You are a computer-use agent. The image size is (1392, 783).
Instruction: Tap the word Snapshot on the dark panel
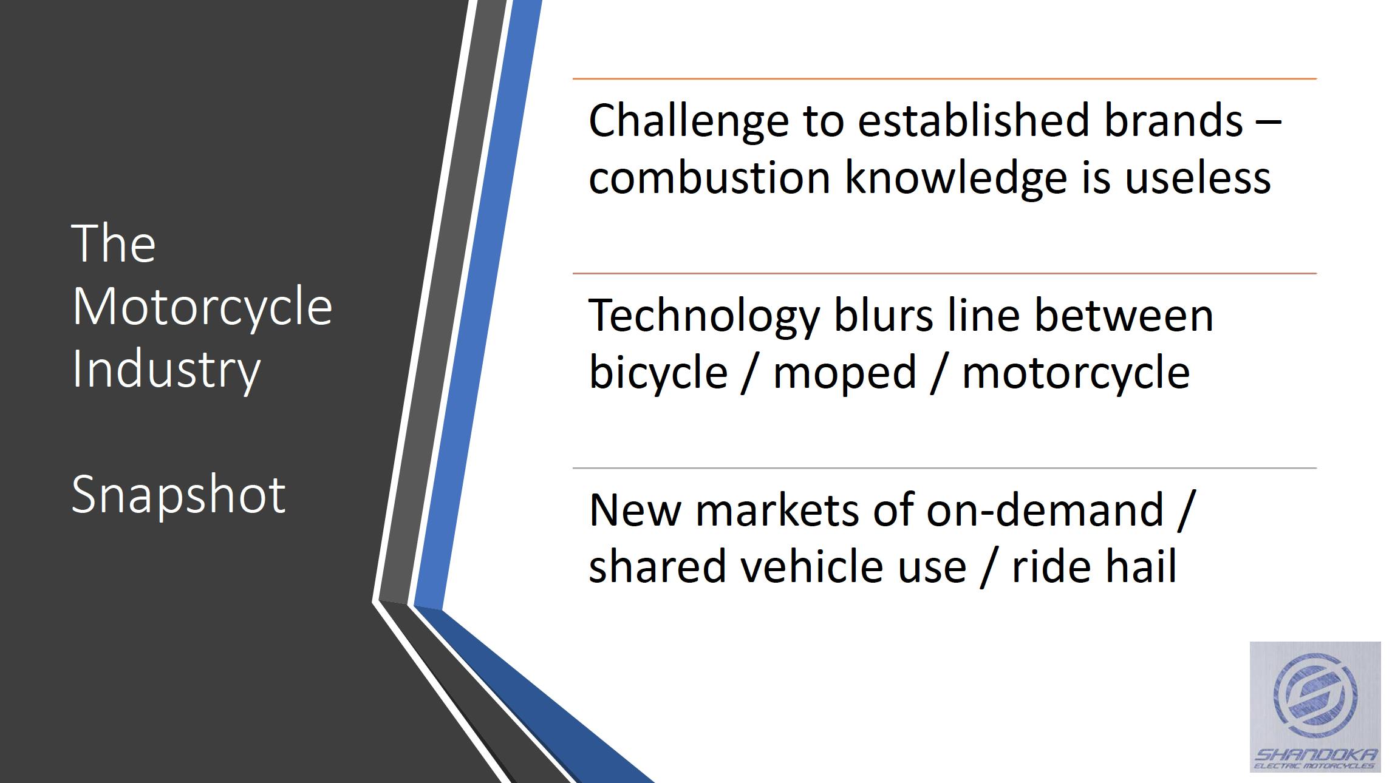point(179,495)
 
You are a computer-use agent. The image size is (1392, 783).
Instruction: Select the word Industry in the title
point(166,370)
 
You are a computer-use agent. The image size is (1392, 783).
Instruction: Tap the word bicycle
point(658,374)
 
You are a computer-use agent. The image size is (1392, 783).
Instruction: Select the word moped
point(845,374)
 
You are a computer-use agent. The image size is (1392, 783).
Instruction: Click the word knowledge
point(956,180)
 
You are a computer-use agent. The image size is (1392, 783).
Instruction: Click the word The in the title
point(114,243)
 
